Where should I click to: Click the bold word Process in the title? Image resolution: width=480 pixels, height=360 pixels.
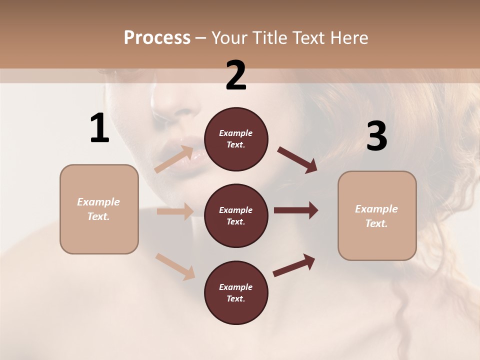click(157, 38)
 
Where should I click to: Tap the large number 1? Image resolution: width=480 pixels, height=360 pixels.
click(99, 128)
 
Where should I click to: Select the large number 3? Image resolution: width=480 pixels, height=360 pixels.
click(376, 136)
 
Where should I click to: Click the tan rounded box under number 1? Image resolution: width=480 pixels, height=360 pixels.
click(99, 209)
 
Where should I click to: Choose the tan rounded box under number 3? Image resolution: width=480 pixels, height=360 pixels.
click(377, 216)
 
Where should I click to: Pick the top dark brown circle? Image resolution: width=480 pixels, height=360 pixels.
click(236, 139)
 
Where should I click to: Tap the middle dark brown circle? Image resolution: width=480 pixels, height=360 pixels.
click(236, 215)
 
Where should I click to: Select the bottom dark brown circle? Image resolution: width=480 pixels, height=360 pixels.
click(236, 292)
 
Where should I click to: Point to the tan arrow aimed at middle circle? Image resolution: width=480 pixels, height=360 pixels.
click(175, 211)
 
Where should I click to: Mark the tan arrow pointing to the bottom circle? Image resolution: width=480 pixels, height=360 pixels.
click(175, 266)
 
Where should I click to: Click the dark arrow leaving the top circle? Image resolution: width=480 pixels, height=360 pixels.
click(297, 160)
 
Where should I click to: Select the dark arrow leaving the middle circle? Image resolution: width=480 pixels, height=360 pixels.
click(296, 210)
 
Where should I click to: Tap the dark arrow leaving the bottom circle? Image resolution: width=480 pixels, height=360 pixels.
click(294, 265)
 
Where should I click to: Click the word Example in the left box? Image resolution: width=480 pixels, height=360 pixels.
click(98, 202)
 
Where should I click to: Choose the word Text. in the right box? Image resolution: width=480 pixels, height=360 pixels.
click(376, 223)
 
